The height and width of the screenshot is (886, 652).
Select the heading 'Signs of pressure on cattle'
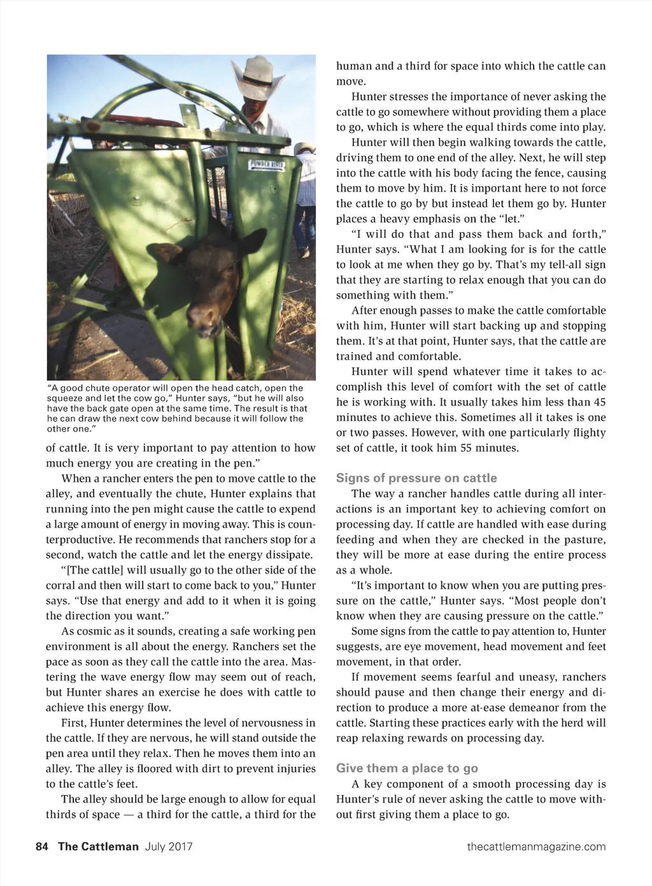(x=416, y=478)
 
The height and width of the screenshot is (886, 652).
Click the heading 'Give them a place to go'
(x=407, y=768)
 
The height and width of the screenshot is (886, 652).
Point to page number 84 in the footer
(x=42, y=847)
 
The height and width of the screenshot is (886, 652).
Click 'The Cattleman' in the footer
(x=98, y=847)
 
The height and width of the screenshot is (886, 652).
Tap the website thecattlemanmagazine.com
(x=536, y=847)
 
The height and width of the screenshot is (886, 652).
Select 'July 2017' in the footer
(x=169, y=847)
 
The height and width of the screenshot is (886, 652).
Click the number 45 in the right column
(x=599, y=402)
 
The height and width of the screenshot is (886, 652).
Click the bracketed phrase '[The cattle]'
(x=94, y=570)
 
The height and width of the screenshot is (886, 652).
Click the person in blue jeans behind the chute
(x=306, y=210)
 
